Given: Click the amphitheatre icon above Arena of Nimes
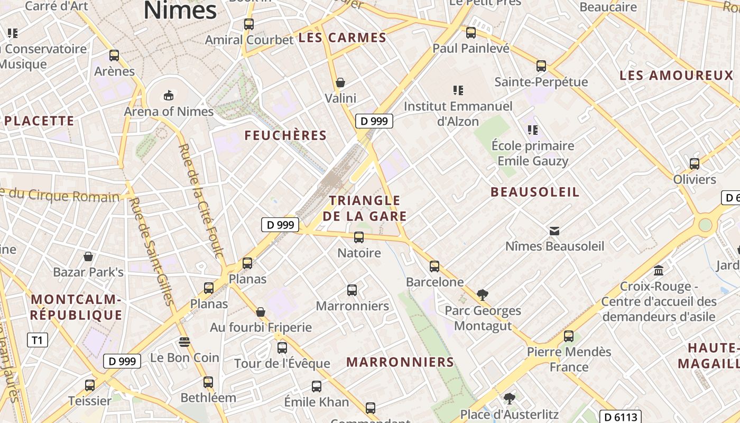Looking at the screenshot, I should pyautogui.click(x=168, y=95).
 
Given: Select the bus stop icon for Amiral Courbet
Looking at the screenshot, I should pyautogui.click(x=248, y=24).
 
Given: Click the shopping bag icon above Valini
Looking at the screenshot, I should pyautogui.click(x=340, y=82).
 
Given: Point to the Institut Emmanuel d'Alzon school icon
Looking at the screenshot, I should pyautogui.click(x=458, y=90).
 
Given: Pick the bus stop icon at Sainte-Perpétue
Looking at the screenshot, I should pyautogui.click(x=541, y=66).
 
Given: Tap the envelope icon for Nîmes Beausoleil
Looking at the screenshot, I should pyautogui.click(x=554, y=231).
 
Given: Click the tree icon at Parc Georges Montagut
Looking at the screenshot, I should pyautogui.click(x=482, y=295).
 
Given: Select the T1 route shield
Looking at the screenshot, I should pyautogui.click(x=37, y=340).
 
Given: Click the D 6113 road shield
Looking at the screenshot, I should pyautogui.click(x=621, y=417).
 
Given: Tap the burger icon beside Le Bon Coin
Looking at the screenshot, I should pyautogui.click(x=184, y=342).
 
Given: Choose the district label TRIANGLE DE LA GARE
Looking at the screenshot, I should pyautogui.click(x=365, y=208).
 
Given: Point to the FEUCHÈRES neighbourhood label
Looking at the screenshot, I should pyautogui.click(x=285, y=135).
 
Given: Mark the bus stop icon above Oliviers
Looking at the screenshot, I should pyautogui.click(x=694, y=163).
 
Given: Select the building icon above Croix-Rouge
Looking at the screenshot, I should pyautogui.click(x=659, y=271).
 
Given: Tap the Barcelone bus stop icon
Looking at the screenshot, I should pyautogui.click(x=434, y=266).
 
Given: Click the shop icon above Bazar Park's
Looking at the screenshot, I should pyautogui.click(x=88, y=256).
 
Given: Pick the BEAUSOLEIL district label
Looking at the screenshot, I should pyautogui.click(x=535, y=192).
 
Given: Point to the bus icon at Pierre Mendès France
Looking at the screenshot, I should pyautogui.click(x=568, y=336).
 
